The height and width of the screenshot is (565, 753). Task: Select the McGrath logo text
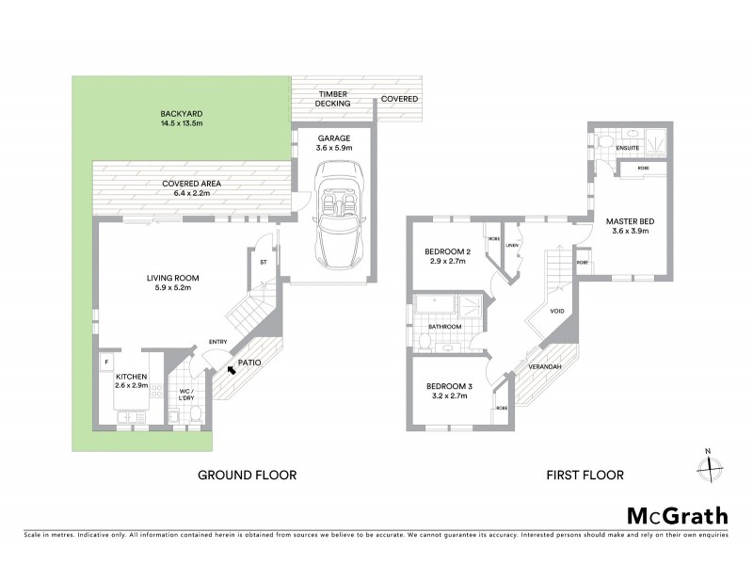pos(677,515)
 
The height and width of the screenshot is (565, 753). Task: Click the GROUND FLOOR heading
pos(247,476)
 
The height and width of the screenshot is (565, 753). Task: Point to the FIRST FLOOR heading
pos(585,476)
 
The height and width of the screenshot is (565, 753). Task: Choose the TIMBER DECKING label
pos(333,99)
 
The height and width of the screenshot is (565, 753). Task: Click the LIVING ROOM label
pos(173,278)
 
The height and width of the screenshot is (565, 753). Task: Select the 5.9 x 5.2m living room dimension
pos(173,288)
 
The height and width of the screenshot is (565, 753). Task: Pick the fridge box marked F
pos(107,362)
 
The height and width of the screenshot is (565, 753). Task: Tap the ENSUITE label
pos(628,148)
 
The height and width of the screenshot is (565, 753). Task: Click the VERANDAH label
pos(546,365)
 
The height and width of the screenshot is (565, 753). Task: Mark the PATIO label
pos(248,362)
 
